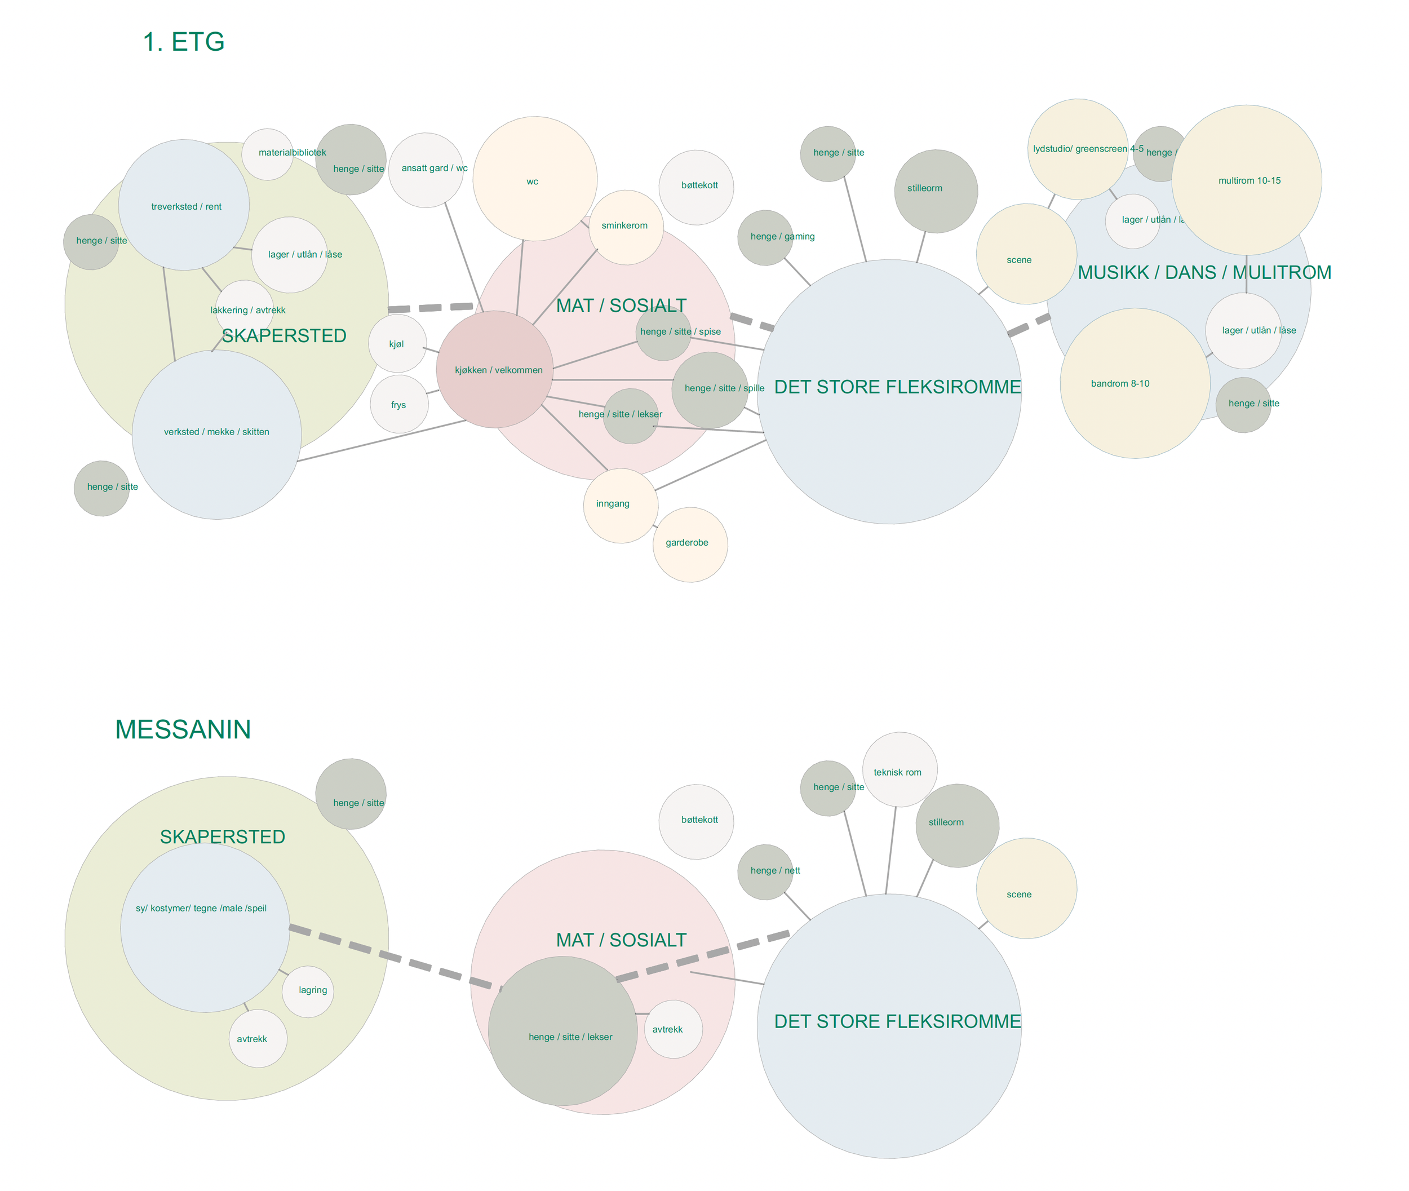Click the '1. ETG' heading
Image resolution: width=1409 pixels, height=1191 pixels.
click(184, 42)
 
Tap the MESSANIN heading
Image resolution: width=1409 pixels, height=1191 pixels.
click(183, 730)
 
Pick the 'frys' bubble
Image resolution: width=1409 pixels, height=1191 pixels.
click(399, 405)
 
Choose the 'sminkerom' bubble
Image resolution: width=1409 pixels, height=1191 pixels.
click(626, 227)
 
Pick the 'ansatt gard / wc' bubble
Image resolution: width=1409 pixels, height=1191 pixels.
click(426, 170)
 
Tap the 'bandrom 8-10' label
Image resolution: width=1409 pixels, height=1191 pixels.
click(1119, 383)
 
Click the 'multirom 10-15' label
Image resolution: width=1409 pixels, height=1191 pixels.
click(1249, 181)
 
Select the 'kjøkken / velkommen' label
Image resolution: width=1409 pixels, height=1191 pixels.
click(498, 370)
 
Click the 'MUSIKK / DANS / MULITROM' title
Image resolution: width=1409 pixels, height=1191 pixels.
click(1204, 273)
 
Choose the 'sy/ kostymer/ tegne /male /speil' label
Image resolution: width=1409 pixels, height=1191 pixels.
click(201, 908)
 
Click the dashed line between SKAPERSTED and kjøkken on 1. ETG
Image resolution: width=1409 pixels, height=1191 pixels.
click(431, 308)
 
